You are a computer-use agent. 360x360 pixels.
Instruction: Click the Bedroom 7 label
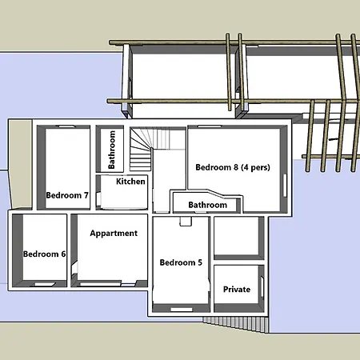(67, 195)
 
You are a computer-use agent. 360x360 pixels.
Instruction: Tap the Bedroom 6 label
(44, 254)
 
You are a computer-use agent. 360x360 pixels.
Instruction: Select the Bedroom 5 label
(181, 262)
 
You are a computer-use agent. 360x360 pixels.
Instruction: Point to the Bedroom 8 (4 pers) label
(233, 167)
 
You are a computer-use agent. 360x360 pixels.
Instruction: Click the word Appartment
(114, 234)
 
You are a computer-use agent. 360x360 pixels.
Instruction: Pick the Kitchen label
(130, 182)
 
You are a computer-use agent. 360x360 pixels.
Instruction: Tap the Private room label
(237, 290)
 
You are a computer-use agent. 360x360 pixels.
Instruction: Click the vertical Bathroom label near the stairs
(112, 150)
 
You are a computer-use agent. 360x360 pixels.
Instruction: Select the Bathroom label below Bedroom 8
(208, 205)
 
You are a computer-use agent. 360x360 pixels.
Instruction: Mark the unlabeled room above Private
(236, 236)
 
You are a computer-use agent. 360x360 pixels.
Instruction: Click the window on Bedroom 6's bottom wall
(46, 284)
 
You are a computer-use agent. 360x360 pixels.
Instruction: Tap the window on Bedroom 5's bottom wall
(182, 310)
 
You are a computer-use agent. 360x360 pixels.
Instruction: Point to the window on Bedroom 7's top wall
(67, 126)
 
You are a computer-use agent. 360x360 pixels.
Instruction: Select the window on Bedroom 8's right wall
(285, 186)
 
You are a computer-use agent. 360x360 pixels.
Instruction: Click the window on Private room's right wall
(262, 287)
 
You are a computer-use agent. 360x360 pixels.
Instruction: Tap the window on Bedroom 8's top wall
(210, 126)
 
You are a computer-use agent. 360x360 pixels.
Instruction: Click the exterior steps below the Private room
(234, 324)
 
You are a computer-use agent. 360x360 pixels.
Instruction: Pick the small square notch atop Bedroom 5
(186, 222)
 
